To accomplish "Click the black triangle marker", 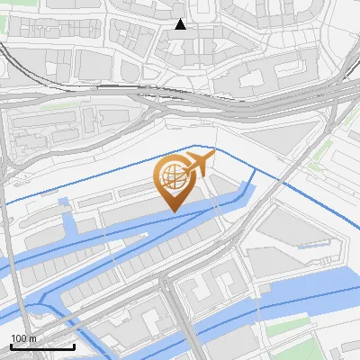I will (180, 24).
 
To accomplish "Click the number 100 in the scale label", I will (18, 338).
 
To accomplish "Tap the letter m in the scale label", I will (32, 338).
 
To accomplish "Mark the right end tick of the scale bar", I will (74, 346).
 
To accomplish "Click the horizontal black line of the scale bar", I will (42, 347).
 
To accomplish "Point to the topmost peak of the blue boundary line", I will (196, 145).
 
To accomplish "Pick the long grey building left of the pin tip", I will (130, 216).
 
